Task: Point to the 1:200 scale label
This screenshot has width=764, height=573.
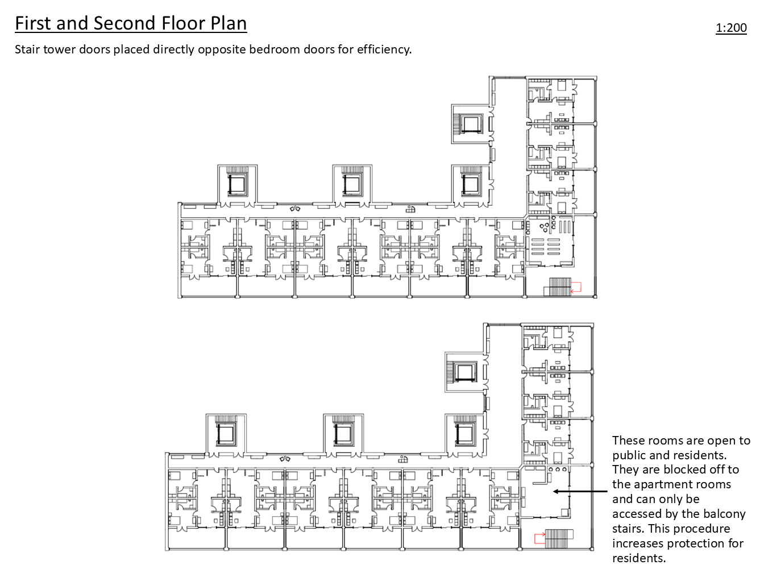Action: [731, 28]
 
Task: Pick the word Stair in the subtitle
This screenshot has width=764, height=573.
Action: [27, 49]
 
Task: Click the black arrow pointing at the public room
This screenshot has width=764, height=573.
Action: [580, 491]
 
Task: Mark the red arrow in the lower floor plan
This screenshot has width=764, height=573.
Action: [539, 538]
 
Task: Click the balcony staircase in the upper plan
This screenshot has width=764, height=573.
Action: [557, 286]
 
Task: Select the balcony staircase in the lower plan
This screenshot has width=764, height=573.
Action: [559, 538]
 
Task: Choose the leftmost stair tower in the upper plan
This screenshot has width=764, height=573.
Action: [238, 185]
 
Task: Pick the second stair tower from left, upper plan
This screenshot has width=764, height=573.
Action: [352, 185]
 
